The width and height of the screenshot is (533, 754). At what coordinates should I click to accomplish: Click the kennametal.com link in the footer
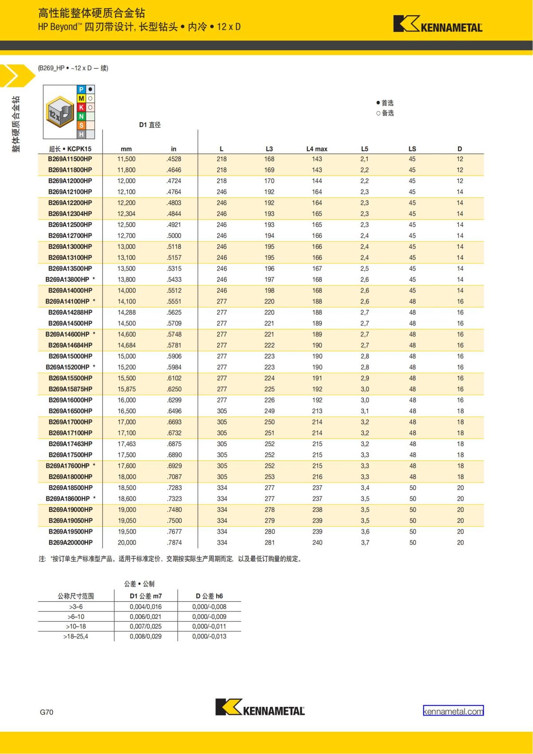453,711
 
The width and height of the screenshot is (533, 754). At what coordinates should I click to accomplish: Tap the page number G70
47,712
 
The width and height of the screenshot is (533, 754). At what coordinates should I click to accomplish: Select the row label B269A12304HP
70,214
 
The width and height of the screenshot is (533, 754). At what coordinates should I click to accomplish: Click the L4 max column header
317,149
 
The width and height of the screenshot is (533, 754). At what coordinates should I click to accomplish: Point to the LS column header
412,149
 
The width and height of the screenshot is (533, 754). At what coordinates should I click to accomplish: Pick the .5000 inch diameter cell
174,235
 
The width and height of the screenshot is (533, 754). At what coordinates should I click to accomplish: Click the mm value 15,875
127,389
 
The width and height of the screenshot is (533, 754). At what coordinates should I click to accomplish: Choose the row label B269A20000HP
71,543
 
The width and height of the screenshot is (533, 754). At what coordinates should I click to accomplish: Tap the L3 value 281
270,543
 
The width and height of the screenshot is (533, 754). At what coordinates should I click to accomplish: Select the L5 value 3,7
365,543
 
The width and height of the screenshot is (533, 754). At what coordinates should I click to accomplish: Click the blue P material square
81,90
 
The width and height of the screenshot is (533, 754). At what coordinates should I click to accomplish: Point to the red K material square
81,108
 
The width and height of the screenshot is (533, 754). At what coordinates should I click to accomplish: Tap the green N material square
81,116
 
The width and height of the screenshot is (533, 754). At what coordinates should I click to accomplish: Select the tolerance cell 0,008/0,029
146,636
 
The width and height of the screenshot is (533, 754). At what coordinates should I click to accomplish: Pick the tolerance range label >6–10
76,616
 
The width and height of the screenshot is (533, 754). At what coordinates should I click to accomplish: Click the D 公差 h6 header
209,596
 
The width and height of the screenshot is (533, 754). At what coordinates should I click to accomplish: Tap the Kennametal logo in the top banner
438,24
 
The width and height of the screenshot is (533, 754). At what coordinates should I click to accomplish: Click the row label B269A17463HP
71,444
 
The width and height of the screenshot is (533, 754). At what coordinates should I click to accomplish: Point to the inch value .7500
174,520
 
